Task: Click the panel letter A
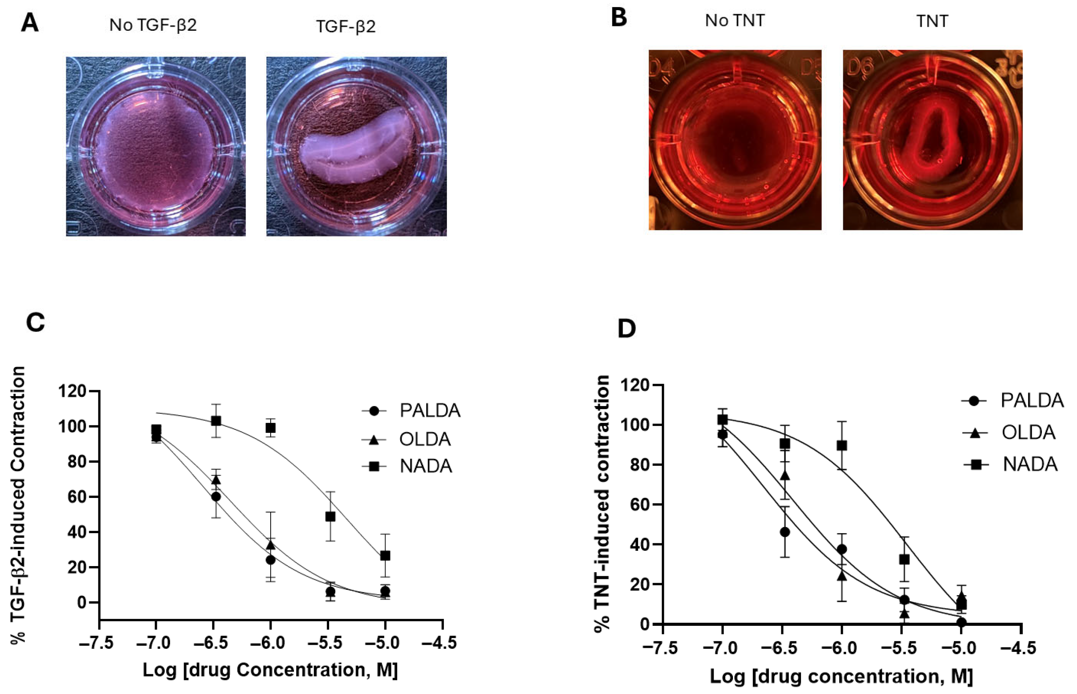coord(30,22)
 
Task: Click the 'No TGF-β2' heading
coord(153,25)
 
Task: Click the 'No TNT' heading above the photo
coord(735,21)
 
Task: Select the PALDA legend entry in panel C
coord(429,411)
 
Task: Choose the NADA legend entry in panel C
coord(425,466)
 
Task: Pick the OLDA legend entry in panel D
coord(1028,432)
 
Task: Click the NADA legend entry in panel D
coord(1030,464)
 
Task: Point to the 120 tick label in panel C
coord(72,391)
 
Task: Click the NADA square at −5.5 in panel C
coord(330,516)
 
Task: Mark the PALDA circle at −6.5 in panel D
coord(785,532)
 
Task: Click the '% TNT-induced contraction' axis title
coord(603,503)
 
